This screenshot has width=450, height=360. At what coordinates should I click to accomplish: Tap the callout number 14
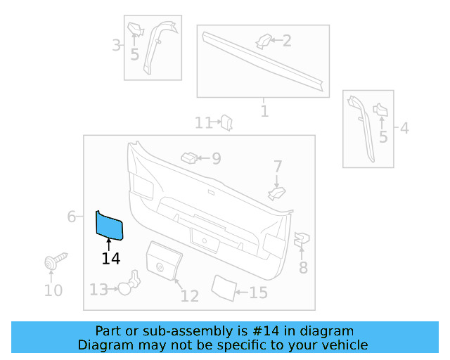coord(110,259)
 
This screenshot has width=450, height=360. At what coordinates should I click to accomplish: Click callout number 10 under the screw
coord(53,290)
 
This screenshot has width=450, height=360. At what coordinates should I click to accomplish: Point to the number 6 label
coord(72,217)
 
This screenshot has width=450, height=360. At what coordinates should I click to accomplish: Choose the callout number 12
coord(190,295)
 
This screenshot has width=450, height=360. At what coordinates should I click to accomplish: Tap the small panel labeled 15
coord(223,287)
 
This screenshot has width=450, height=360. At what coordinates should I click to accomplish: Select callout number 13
coord(98,289)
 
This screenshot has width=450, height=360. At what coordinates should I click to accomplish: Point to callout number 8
coord(303,267)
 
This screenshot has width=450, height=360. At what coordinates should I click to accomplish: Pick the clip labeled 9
coord(189,157)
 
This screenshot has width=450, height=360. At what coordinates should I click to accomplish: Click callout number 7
coord(278,167)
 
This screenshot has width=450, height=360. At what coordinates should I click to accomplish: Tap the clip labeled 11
coord(227,123)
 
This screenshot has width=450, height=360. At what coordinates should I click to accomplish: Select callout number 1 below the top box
coord(264,111)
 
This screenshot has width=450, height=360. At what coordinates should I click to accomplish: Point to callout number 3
coord(116,46)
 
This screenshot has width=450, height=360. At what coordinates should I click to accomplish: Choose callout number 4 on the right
coord(404,128)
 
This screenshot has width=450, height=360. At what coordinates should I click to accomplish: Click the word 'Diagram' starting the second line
coord(103,345)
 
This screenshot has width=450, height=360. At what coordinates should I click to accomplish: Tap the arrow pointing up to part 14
coord(109,243)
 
